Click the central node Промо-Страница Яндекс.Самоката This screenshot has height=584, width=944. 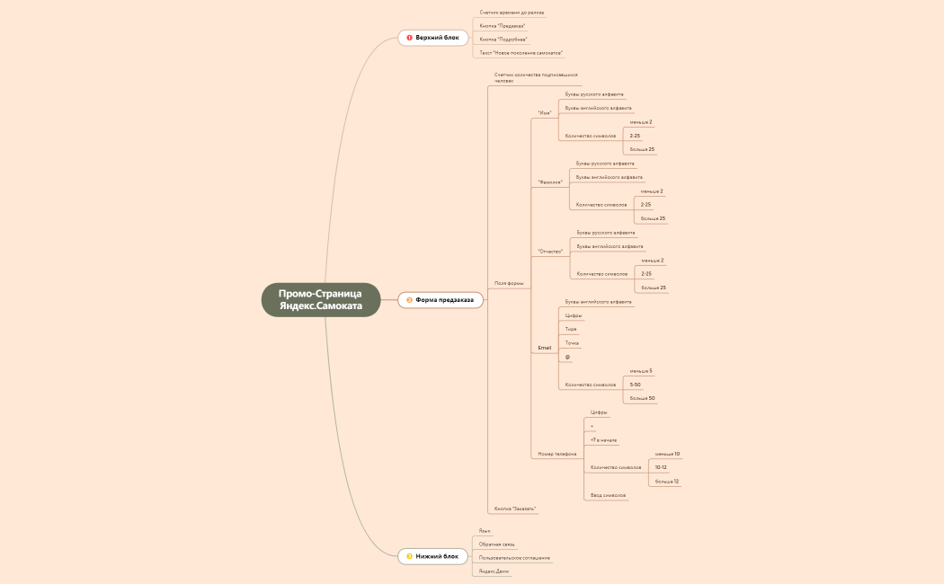click(321, 300)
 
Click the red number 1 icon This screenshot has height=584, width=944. click(409, 38)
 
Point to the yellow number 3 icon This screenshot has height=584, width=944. click(409, 556)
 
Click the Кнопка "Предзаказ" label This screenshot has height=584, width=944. click(503, 26)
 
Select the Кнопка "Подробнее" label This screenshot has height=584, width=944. click(503, 40)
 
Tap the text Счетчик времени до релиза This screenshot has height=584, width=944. click(512, 13)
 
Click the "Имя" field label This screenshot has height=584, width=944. click(544, 112)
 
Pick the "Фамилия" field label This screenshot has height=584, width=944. click(549, 181)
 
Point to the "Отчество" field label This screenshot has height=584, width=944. click(550, 251)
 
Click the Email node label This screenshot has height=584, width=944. click(544, 347)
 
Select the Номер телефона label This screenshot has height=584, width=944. click(557, 454)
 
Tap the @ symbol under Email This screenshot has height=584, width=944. click(567, 357)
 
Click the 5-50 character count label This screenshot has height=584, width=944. click(635, 384)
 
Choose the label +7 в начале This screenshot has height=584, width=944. click(603, 440)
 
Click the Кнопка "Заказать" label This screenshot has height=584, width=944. click(515, 509)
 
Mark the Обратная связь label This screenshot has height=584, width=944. click(497, 544)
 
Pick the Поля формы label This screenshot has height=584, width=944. click(509, 283)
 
